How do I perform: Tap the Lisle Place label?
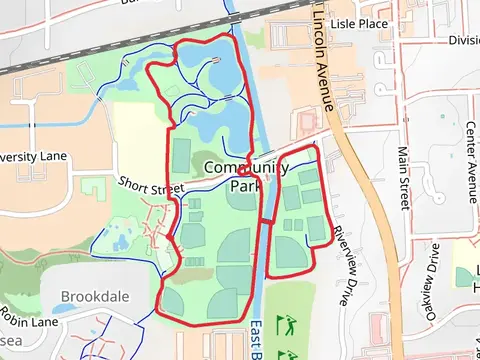[x=358, y=22]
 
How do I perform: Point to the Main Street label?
[x=403, y=178]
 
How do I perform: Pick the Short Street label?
[x=151, y=186]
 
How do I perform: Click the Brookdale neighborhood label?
[x=96, y=297]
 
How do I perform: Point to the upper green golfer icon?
[x=289, y=324]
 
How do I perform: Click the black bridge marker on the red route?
[x=266, y=220]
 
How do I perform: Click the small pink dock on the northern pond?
[x=217, y=62]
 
